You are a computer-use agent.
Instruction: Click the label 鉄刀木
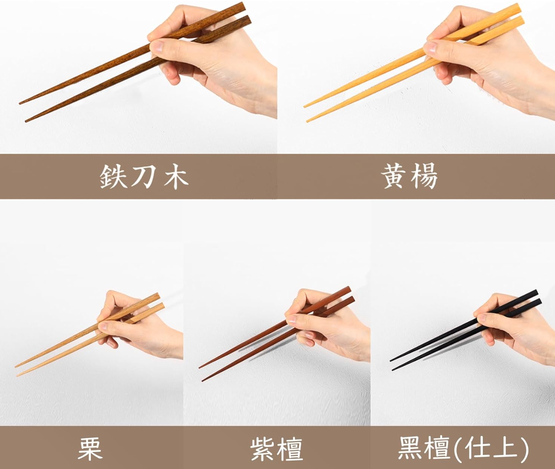(144, 176)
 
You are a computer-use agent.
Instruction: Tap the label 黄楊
(410, 176)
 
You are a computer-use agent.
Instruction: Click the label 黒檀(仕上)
(463, 448)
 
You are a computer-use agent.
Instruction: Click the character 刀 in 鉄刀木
(144, 176)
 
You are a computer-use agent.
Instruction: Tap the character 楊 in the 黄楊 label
(425, 176)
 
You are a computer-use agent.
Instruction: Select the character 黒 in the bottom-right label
(411, 448)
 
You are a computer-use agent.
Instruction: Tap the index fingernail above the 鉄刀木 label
(157, 47)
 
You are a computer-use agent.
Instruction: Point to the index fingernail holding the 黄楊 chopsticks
(430, 47)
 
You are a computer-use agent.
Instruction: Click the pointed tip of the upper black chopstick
(390, 360)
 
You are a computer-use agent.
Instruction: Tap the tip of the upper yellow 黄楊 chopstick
(305, 107)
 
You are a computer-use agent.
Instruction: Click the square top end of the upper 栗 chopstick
(158, 296)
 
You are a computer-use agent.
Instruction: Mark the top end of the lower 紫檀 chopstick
(352, 300)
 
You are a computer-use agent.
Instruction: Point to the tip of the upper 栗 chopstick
(16, 367)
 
